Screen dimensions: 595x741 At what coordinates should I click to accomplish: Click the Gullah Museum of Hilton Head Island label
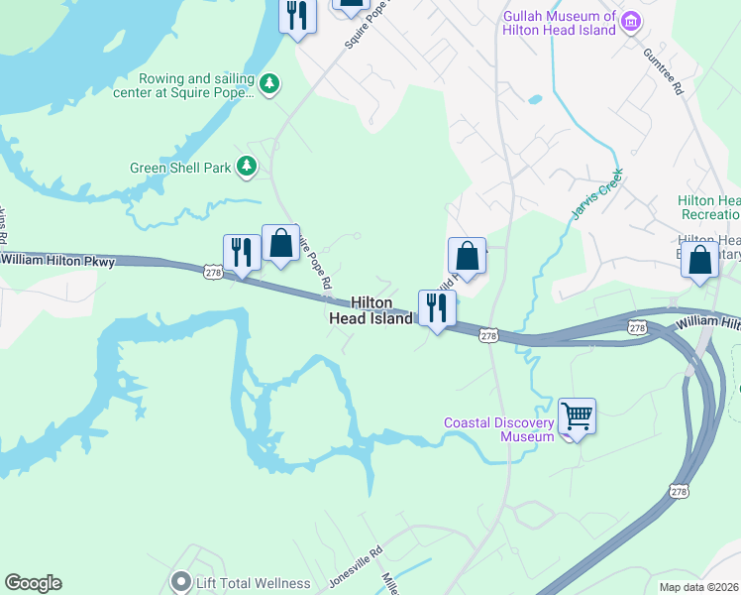(x=560, y=23)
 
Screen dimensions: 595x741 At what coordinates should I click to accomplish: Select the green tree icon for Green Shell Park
(x=247, y=168)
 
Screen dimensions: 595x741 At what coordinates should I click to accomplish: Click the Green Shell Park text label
(x=180, y=168)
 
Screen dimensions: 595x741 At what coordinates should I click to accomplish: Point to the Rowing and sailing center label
(x=197, y=86)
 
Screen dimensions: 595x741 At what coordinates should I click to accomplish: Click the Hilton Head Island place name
(x=371, y=310)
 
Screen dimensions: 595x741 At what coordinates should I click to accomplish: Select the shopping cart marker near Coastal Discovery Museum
(x=577, y=416)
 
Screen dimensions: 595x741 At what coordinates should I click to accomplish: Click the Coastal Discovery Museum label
(x=498, y=429)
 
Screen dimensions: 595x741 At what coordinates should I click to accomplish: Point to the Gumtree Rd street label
(x=664, y=70)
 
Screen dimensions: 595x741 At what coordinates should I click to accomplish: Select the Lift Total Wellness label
(x=254, y=583)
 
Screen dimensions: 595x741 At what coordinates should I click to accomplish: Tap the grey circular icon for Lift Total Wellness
(x=179, y=582)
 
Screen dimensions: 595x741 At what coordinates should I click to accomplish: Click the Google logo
(x=33, y=583)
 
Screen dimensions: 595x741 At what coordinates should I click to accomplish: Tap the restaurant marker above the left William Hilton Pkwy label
(x=242, y=252)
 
